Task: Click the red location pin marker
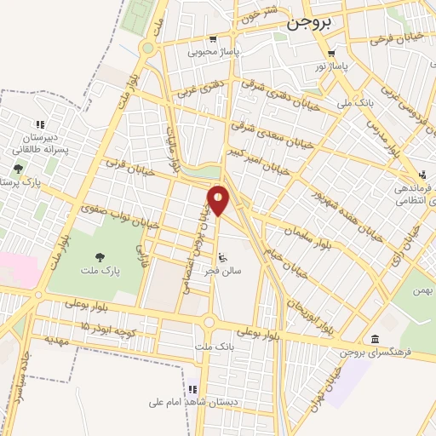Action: click(x=218, y=200)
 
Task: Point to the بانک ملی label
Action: click(x=355, y=102)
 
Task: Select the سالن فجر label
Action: click(x=223, y=271)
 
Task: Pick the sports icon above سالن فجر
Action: click(x=223, y=257)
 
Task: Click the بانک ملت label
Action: click(x=214, y=347)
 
